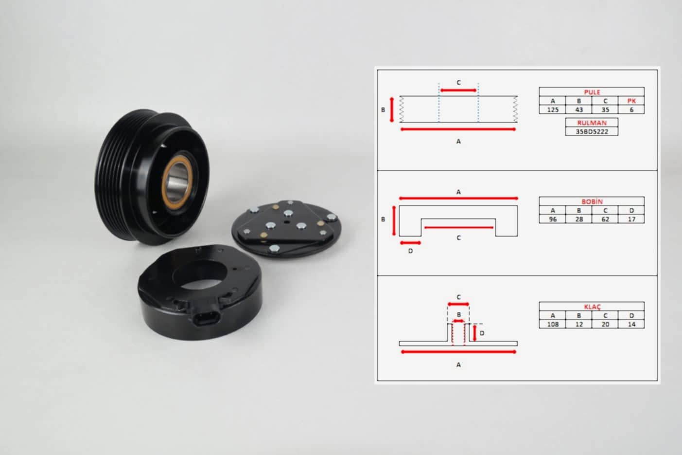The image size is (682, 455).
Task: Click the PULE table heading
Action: (592, 92)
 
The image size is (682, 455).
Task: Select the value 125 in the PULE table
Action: (553, 109)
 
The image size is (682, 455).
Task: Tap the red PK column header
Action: (631, 101)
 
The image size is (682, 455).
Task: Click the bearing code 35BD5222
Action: (592, 132)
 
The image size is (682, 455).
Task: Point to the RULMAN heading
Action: (592, 123)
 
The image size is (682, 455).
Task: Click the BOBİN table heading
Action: (592, 201)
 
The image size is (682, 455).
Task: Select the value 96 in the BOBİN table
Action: (553, 219)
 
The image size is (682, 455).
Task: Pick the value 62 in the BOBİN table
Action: (605, 219)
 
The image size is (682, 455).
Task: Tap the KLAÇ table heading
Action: (592, 307)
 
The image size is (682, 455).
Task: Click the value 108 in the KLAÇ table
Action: (553, 324)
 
